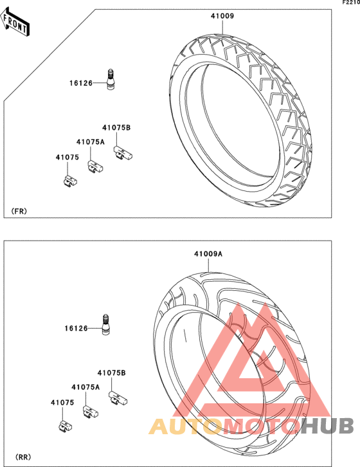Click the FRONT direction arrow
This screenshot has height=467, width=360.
pos(15,23)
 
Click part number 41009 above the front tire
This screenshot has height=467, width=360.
pos(222,16)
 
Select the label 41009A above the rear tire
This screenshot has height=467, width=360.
pos(208,254)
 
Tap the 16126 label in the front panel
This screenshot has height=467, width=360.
pos(81,83)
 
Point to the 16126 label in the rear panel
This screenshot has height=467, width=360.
pos(76,329)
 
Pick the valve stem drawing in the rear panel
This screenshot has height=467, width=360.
pos(105,325)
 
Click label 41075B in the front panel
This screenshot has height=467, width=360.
pos(116,127)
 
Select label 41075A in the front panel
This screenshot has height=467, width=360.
pos(91,142)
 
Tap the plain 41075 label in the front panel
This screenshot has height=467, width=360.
pos(67,157)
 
